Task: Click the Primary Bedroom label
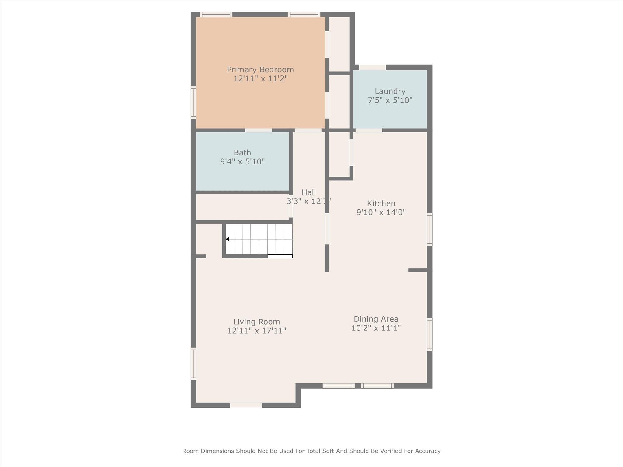[x=260, y=70]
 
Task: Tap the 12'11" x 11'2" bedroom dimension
[x=260, y=79]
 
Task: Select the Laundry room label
[x=390, y=92]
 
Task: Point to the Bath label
[x=242, y=153]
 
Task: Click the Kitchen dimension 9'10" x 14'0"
[x=381, y=212]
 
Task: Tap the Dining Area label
[x=376, y=319]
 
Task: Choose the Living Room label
[x=257, y=322]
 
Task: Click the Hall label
[x=309, y=192]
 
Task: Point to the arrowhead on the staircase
[x=228, y=239]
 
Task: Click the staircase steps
[x=259, y=239]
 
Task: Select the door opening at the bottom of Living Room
[x=246, y=405]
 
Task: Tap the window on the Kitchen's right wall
[x=430, y=230]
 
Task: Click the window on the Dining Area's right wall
[x=430, y=334]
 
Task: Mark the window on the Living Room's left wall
[x=193, y=364]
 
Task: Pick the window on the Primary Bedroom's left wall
[x=193, y=102]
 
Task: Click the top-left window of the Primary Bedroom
[x=216, y=14]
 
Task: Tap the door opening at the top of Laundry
[x=373, y=67]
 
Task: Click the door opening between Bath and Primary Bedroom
[x=259, y=130]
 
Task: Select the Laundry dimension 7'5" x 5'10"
[x=390, y=100]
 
